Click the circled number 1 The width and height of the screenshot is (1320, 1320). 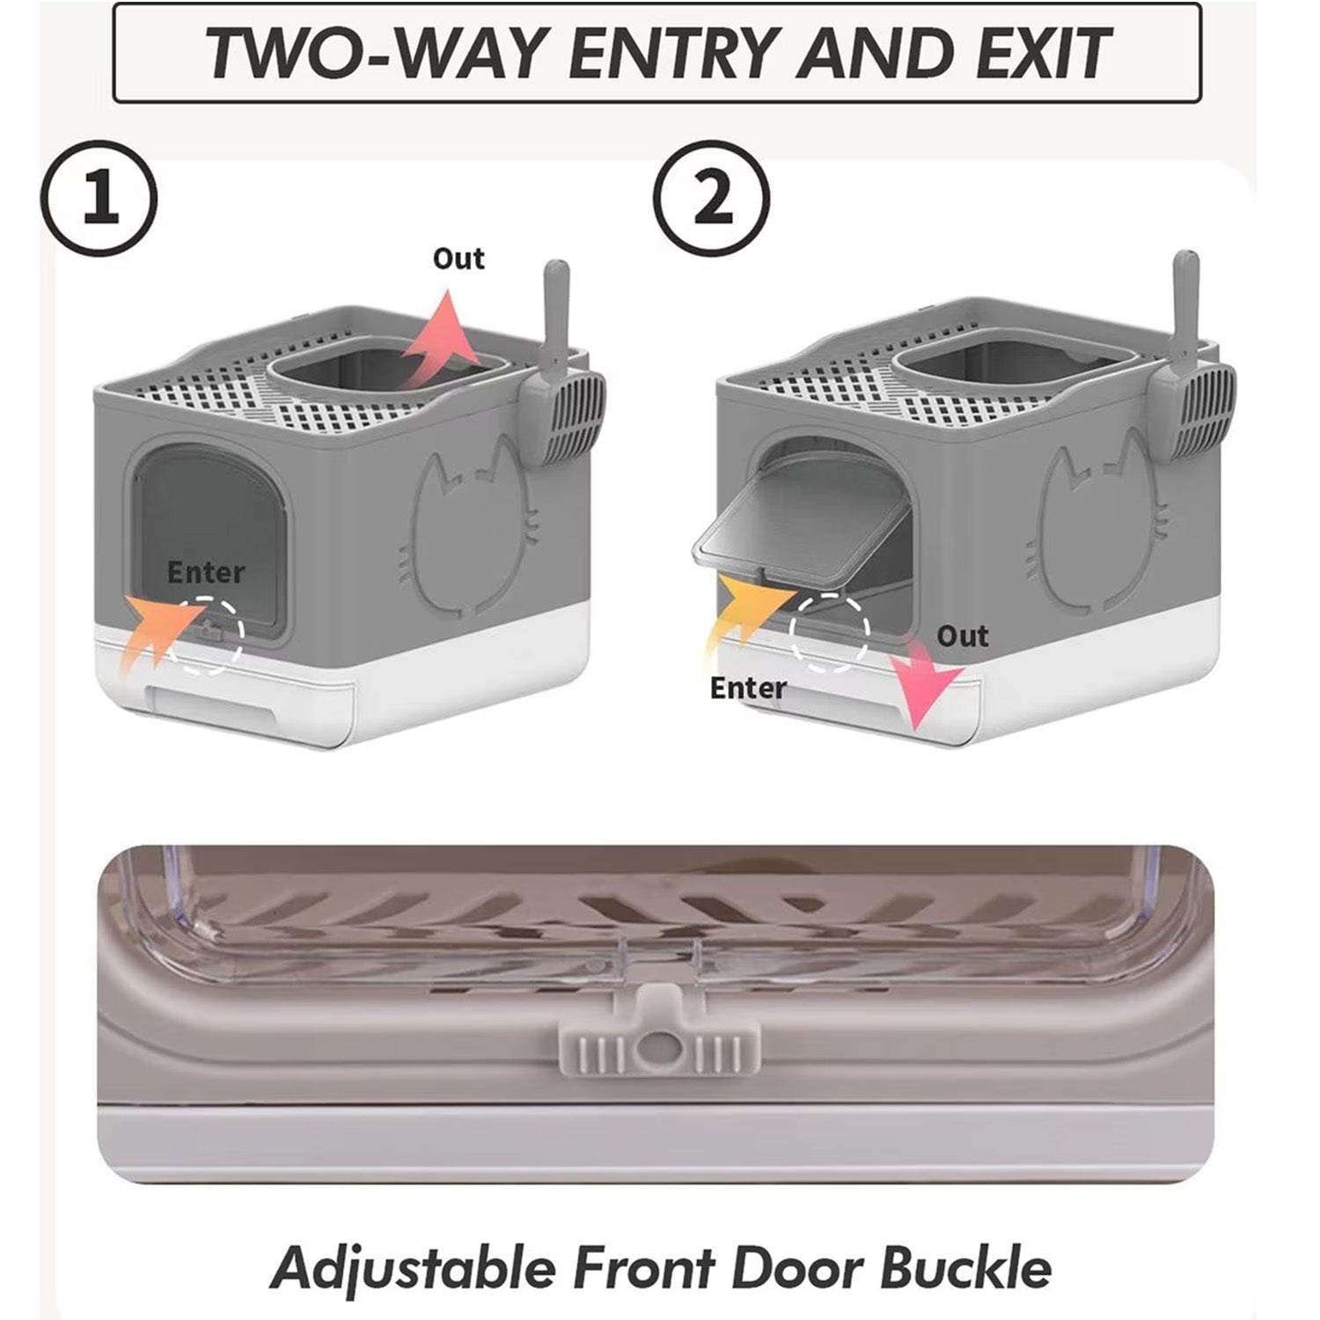click(99, 199)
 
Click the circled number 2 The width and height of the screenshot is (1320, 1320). click(713, 199)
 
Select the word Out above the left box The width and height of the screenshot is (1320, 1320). click(458, 259)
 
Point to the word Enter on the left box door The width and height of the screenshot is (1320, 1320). click(206, 572)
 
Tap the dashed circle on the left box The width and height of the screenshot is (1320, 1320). click(205, 635)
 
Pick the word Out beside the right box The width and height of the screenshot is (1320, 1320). click(962, 635)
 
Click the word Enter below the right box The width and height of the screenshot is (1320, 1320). click(748, 687)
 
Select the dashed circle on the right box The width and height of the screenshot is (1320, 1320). click(829, 633)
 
